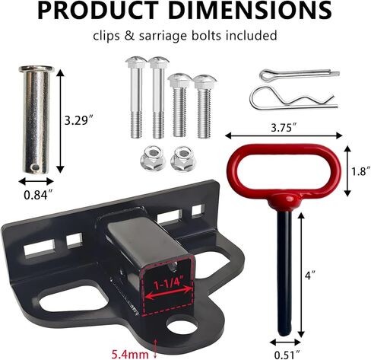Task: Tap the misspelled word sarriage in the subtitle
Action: click(163, 36)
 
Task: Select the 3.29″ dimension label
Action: click(79, 120)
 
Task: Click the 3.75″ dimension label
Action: click(284, 128)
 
